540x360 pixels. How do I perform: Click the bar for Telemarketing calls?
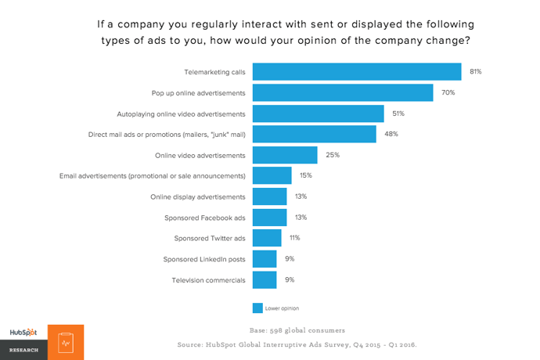[357, 72]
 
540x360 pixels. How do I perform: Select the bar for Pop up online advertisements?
[344, 93]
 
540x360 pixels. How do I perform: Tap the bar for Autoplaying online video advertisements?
[319, 113]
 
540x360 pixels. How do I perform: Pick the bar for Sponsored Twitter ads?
[268, 238]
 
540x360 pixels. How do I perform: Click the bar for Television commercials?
[265, 279]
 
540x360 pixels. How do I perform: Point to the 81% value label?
[475, 72]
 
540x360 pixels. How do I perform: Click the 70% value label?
[448, 93]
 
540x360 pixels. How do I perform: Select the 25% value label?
[333, 155]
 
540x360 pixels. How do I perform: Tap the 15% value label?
[306, 175]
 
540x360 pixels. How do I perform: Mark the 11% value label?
[294, 238]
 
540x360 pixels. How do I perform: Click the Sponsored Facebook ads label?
[205, 217]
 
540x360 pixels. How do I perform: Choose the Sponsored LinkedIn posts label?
[204, 259]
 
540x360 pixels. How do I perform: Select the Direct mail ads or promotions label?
[167, 135]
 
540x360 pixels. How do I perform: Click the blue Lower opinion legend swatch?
[257, 308]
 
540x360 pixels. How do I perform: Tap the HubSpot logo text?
[23, 333]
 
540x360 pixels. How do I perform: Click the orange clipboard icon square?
[66, 342]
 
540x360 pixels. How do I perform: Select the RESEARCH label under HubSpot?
[23, 350]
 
